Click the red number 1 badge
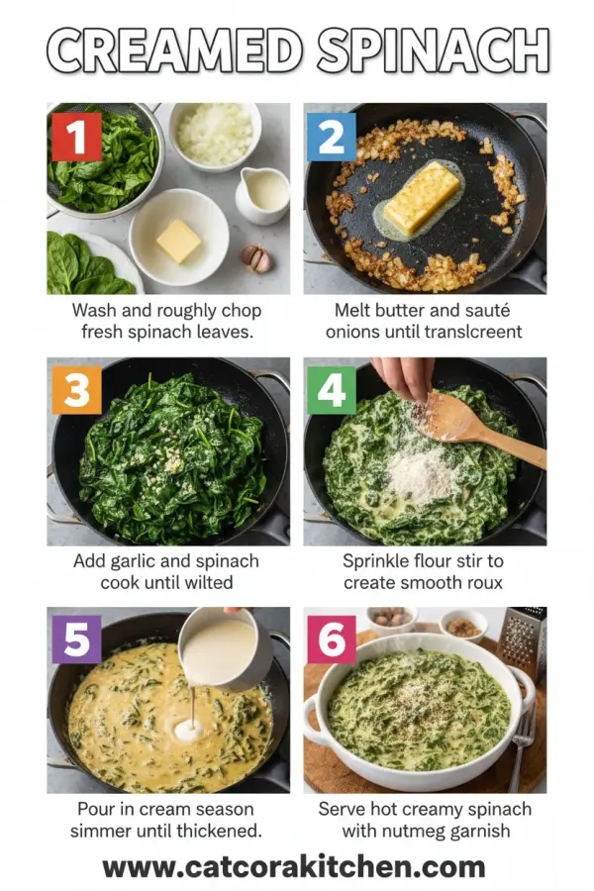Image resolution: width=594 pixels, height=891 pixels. point(76,136)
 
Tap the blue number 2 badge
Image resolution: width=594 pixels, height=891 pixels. point(331,136)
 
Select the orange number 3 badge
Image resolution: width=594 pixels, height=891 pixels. point(76,389)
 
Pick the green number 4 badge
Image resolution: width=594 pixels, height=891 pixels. point(331,389)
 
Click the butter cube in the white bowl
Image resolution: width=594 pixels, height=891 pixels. point(178,241)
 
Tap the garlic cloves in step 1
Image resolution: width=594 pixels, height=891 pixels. point(255,258)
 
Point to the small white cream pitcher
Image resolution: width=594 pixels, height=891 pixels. point(263,193)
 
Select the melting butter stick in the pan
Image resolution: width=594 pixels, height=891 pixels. point(422,198)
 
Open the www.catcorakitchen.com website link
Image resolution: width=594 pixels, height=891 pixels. point(294,867)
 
